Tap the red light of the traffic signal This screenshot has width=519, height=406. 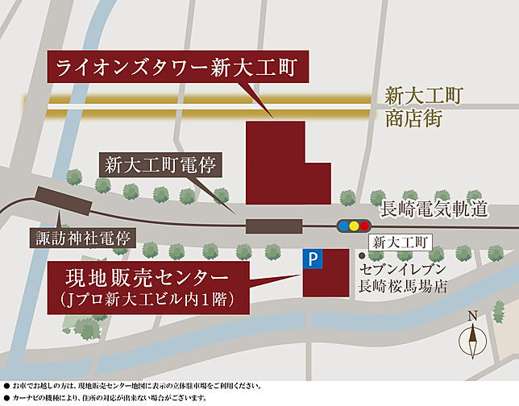(364, 226)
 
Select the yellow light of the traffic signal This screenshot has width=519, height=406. (354, 226)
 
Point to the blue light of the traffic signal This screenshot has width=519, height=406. (343, 226)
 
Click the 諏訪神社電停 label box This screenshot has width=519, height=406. (84, 239)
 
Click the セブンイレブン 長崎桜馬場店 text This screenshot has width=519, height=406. (403, 276)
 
